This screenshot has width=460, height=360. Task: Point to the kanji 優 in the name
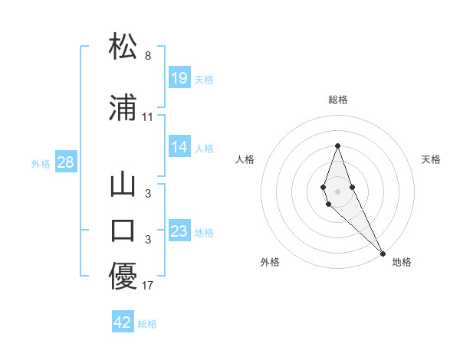(123, 276)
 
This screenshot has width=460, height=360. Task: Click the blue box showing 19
(179, 78)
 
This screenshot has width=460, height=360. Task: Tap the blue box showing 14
(179, 148)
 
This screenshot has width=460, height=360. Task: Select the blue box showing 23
(179, 231)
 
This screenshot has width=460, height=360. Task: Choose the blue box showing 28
(65, 162)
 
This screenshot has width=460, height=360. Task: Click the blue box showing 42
(123, 322)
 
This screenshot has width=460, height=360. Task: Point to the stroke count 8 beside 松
(148, 56)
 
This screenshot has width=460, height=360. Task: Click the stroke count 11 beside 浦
(148, 117)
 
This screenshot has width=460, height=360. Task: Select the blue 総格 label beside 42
(147, 324)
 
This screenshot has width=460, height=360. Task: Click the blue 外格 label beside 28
(41, 163)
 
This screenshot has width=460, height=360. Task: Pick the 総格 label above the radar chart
(337, 100)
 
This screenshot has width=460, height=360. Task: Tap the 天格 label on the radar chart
(431, 159)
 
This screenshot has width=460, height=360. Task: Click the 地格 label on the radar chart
(402, 262)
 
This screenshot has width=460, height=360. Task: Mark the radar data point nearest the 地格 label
(383, 253)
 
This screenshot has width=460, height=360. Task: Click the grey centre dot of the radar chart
(337, 191)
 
